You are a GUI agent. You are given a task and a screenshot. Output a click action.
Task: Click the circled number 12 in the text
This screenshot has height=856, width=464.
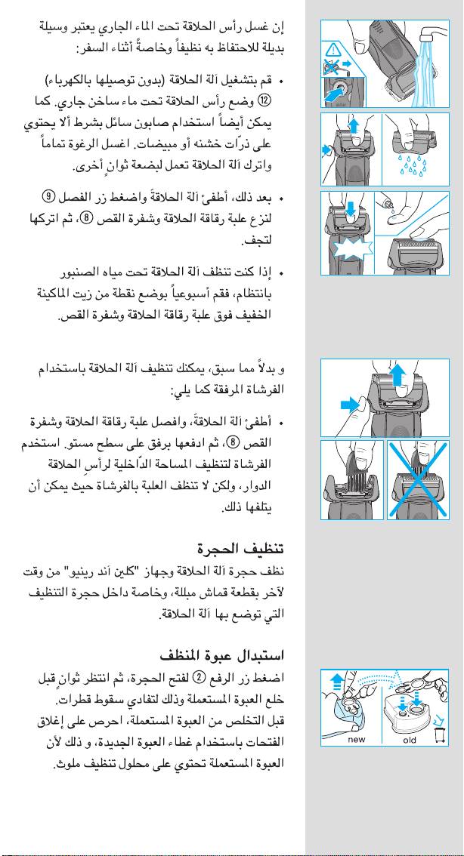point(264,99)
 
